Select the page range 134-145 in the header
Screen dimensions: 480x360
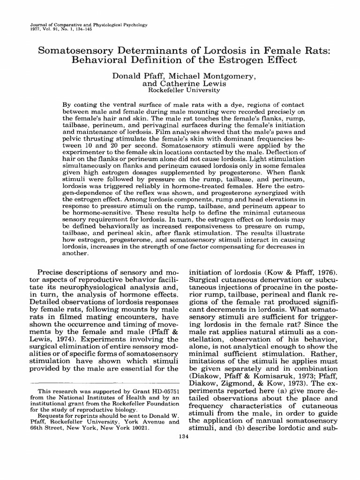point(82,27)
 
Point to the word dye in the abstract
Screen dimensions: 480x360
point(215,104)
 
